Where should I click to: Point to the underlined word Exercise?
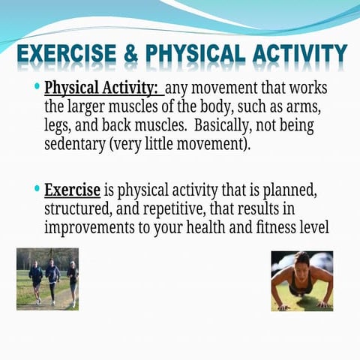[73, 189]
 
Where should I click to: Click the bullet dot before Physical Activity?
[37, 87]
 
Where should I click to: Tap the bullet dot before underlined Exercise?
[37, 187]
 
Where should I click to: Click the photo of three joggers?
[47, 278]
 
